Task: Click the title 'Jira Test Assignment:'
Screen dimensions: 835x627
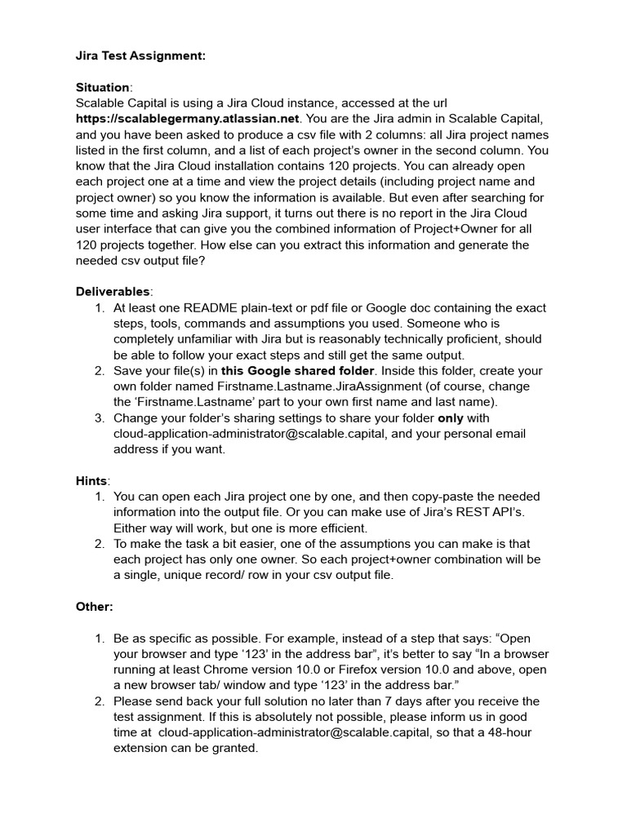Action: click(140, 55)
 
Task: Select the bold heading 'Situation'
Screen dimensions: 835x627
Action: click(102, 87)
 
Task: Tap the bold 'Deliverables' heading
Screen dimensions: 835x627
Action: click(113, 292)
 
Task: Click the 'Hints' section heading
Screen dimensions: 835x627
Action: click(92, 481)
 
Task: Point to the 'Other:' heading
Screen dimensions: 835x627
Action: click(95, 607)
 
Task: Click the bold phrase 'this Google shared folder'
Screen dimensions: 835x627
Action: click(295, 371)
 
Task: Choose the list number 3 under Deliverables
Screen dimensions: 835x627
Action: click(99, 418)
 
